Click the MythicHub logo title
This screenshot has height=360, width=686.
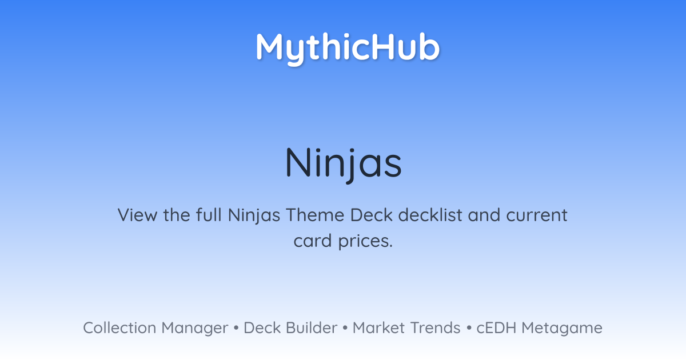click(x=348, y=49)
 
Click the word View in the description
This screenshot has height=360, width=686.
click(x=138, y=215)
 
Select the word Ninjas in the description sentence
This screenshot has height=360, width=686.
click(x=254, y=215)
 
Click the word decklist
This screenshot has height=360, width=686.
click(x=430, y=215)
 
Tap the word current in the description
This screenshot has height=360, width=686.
click(x=537, y=215)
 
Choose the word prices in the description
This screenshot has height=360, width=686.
click(x=365, y=242)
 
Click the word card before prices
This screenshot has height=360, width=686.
click(x=313, y=241)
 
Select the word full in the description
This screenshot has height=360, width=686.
click(x=209, y=215)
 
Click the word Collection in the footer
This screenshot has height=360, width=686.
click(x=119, y=328)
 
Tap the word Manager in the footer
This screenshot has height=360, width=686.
click(x=195, y=329)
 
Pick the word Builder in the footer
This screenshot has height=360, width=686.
click(x=312, y=328)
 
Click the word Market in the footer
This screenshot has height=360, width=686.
click(x=378, y=328)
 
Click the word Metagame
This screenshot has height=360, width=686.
click(x=562, y=329)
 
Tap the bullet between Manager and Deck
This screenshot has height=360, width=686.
click(x=236, y=328)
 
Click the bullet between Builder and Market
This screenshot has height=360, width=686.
click(x=345, y=328)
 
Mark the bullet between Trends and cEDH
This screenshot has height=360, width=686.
click(x=469, y=328)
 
